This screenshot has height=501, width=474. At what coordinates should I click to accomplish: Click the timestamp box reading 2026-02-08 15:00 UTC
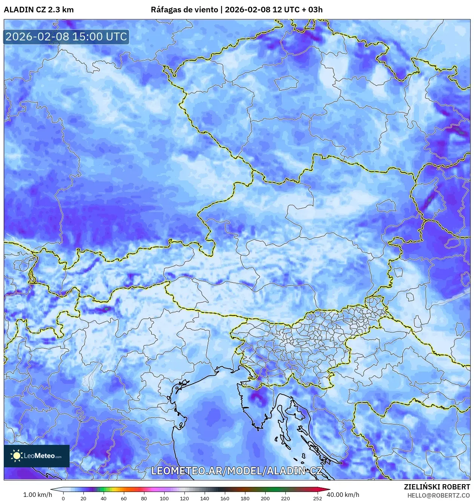pos(66,37)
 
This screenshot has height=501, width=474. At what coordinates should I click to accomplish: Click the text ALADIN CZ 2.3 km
pos(39,10)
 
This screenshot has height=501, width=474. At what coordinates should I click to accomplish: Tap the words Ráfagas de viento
pos(184,10)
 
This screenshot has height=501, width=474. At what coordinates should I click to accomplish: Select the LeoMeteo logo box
pos(37,456)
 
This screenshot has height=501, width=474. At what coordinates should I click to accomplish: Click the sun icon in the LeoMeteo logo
pos(16,455)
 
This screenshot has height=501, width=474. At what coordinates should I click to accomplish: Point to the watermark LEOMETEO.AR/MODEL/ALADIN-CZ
pos(236,471)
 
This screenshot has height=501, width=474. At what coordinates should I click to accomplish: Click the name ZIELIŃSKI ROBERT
pos(437,487)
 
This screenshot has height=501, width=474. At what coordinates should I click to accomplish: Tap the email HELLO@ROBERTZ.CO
pos(438,495)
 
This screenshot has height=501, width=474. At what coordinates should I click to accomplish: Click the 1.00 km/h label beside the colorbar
pos(37,495)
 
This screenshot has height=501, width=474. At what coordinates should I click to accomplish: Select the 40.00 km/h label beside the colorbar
pos(343,495)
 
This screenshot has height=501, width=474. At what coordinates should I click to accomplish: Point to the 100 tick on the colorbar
pos(164,498)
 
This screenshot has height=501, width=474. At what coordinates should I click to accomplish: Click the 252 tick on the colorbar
pos(317,498)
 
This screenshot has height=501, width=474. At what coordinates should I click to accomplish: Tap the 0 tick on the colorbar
pos(63,498)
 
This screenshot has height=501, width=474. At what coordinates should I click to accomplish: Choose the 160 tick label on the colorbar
pos(224,498)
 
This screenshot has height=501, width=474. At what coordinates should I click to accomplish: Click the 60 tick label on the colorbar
pos(123,498)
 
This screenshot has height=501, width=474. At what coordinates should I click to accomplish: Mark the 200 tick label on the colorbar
pos(265,498)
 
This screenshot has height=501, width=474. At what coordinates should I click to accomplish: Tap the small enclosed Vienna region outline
pos(386,206)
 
